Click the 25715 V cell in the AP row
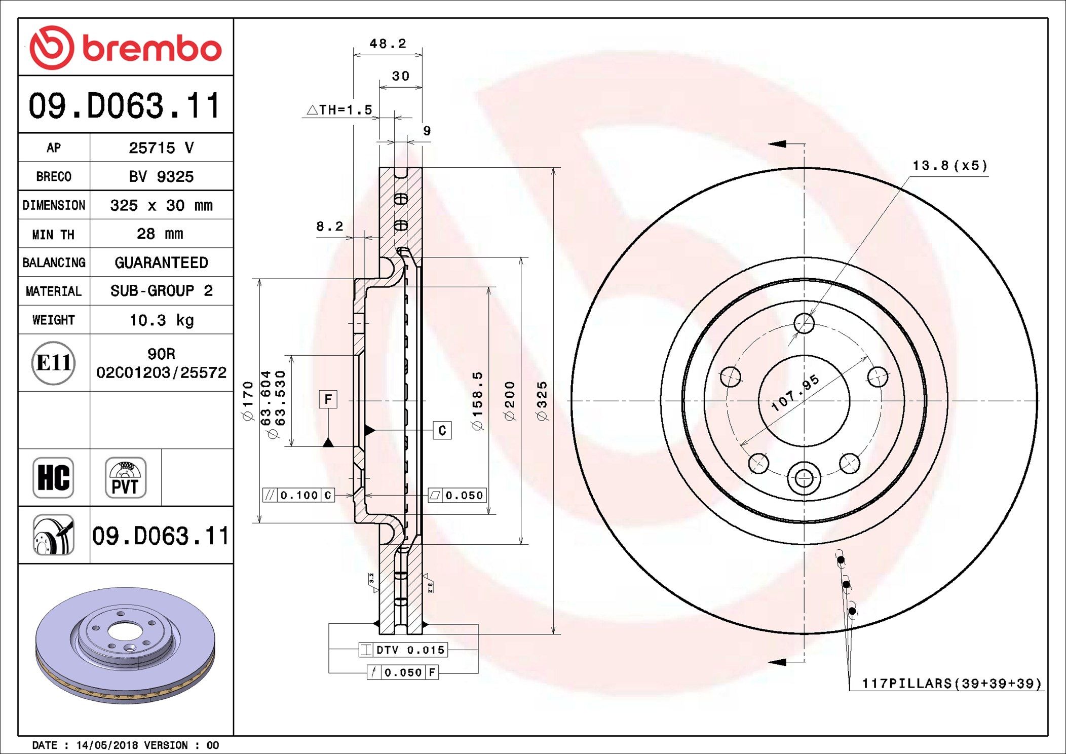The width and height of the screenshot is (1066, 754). (x=161, y=148)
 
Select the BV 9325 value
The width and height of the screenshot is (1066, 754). (x=161, y=177)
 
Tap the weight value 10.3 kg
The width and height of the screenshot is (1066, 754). (x=161, y=320)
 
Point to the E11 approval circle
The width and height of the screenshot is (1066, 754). (x=54, y=363)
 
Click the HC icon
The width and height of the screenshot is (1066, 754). (x=53, y=478)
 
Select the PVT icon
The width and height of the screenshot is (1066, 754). (x=125, y=478)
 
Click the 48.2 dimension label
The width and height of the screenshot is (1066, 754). (x=388, y=44)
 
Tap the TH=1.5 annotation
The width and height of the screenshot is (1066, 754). (x=340, y=110)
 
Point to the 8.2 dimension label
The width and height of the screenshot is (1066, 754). (x=329, y=227)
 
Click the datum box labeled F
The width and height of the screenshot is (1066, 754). (x=328, y=399)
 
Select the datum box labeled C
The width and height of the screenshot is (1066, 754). (x=442, y=431)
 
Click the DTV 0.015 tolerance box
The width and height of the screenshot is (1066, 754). (x=403, y=650)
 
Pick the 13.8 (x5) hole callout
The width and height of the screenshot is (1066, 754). (x=949, y=166)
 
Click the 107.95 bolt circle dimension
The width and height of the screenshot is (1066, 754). (x=794, y=393)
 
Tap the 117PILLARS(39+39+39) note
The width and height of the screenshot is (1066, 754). (x=951, y=684)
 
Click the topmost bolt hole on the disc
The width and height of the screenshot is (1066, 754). (x=804, y=323)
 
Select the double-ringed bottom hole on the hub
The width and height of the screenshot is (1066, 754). (x=804, y=478)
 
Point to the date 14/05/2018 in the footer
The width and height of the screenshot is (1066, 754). (x=107, y=745)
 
